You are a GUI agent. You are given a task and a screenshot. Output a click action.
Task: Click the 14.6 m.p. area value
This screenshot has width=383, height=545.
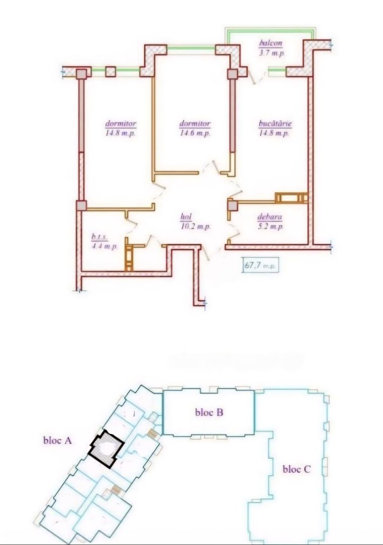[x=195, y=133]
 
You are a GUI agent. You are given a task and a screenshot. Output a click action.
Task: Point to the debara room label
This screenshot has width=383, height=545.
[x=269, y=218]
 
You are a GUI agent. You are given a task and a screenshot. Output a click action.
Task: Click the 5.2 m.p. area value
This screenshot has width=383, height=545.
[x=270, y=227]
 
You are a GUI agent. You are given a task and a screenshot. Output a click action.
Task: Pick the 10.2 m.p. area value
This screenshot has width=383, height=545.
[x=195, y=227]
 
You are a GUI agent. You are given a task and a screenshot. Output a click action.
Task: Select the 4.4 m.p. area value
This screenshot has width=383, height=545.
[x=104, y=246]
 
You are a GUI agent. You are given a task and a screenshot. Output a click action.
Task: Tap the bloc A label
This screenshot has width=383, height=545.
[x=58, y=441]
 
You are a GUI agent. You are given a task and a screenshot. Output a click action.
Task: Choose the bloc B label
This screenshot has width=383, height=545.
[x=209, y=412]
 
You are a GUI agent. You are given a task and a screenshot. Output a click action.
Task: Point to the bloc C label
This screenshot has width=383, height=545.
[x=297, y=469]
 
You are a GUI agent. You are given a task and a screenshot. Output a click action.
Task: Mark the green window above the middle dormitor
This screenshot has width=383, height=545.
[x=191, y=49]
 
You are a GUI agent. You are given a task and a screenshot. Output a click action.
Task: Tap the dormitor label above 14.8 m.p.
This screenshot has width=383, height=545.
[x=121, y=124]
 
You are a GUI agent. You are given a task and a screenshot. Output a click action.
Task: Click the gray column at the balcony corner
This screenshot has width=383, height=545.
[x=232, y=75]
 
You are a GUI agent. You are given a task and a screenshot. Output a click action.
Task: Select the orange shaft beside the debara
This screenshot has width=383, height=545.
[x=291, y=197]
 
